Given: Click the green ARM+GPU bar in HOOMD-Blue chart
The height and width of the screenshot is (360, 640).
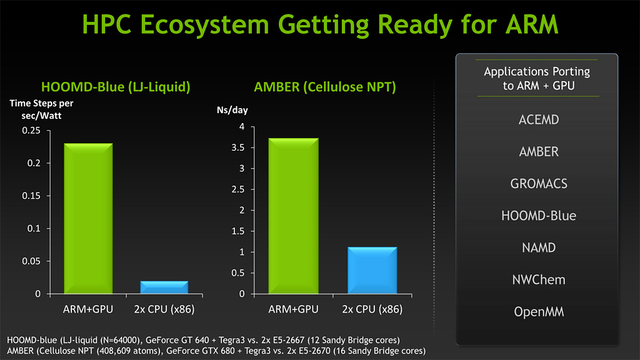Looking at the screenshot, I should (89, 218).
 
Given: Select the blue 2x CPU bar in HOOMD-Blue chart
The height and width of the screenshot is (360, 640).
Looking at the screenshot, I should (164, 287).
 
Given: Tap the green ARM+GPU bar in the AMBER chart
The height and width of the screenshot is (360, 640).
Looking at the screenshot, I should (294, 216).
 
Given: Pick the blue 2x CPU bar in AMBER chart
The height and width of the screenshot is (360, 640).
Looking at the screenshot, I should (372, 270).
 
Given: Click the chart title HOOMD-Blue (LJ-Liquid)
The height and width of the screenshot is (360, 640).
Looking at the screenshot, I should (115, 87).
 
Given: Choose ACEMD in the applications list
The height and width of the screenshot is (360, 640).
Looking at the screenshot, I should (538, 119).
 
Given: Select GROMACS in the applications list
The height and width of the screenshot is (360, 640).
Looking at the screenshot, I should (538, 184).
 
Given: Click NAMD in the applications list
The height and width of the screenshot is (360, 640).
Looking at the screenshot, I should (538, 248).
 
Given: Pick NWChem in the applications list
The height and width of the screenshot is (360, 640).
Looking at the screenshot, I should (538, 280).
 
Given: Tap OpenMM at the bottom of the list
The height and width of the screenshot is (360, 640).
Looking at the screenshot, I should (538, 311).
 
